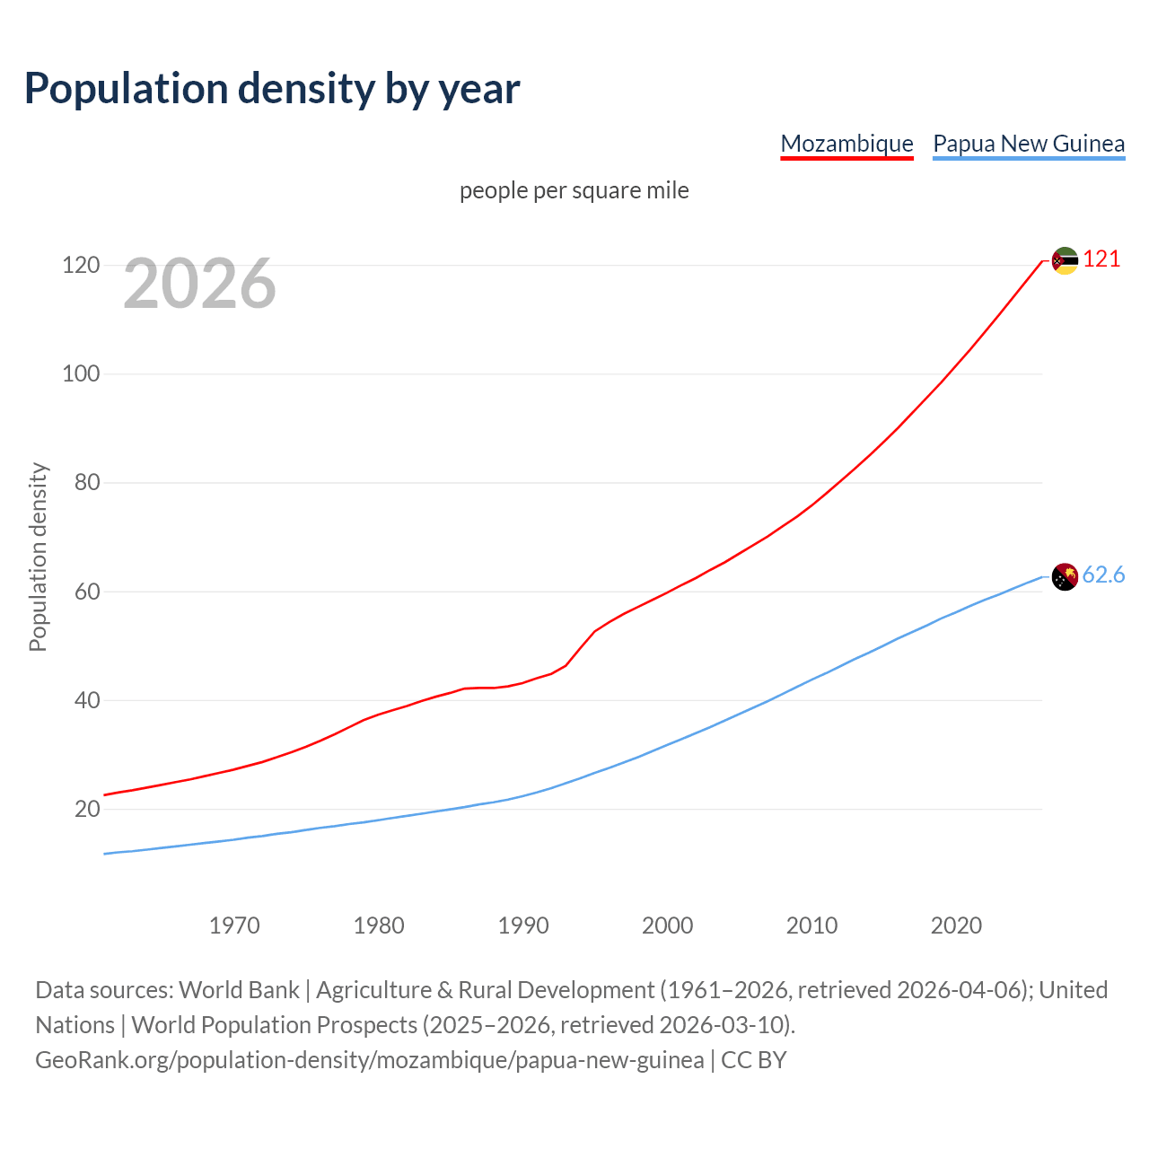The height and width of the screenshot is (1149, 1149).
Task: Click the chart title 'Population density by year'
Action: pos(272,89)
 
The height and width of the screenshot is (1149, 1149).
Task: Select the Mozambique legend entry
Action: pos(846,144)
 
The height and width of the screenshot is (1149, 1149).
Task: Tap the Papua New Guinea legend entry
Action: pos(1029,144)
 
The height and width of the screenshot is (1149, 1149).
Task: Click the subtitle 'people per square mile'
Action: pos(574,191)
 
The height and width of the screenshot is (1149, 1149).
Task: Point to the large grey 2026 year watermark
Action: pos(199,284)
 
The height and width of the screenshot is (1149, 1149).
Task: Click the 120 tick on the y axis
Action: pos(80,266)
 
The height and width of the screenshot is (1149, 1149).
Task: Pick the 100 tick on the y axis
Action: pos(80,374)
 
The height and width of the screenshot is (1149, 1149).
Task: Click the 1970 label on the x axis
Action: pos(234,925)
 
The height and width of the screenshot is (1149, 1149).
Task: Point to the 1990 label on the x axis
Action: pos(523,925)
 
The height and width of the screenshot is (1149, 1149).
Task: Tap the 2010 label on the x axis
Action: pos(811,925)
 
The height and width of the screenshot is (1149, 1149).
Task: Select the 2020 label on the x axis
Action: pos(956,925)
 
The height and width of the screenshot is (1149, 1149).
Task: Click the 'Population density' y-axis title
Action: pos(38,557)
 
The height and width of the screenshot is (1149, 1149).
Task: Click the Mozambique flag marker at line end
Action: pos(1065,261)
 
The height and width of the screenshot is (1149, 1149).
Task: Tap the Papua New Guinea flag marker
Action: pos(1065,577)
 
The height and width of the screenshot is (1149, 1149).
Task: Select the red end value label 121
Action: pos(1101,259)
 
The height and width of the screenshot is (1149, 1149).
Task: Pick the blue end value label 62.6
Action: pos(1103,575)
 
